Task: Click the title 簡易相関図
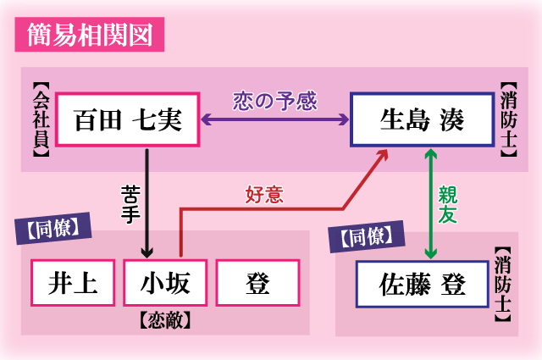89,36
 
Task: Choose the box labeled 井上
72,283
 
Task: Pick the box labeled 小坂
165,283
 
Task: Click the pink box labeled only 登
258,283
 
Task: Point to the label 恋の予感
275,101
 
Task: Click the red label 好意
263,195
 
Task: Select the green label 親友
448,203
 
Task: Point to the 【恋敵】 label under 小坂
165,322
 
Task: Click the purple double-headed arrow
275,121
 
